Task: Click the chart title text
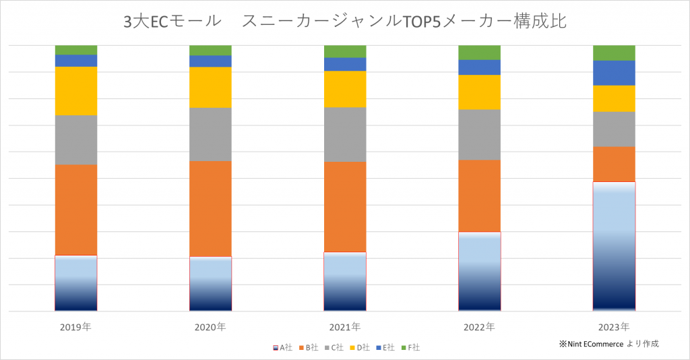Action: pyautogui.click(x=344, y=22)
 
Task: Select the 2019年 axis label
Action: pyautogui.click(x=75, y=328)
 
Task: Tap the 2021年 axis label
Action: pyautogui.click(x=345, y=328)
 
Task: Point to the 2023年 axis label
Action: pyautogui.click(x=614, y=328)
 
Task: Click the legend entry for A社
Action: pyautogui.click(x=282, y=348)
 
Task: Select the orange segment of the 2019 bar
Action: pyautogui.click(x=76, y=210)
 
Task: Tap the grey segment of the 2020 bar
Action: pyautogui.click(x=210, y=134)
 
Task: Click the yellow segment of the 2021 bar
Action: pyautogui.click(x=345, y=89)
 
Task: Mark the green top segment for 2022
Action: pyautogui.click(x=479, y=53)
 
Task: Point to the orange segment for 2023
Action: pyautogui.click(x=614, y=164)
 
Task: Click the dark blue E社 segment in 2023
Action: pyautogui.click(x=614, y=73)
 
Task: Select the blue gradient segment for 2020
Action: pyautogui.click(x=210, y=283)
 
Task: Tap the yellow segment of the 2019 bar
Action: pyautogui.click(x=76, y=91)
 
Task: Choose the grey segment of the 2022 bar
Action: pyautogui.click(x=479, y=135)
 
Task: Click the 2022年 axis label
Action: pyautogui.click(x=479, y=328)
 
